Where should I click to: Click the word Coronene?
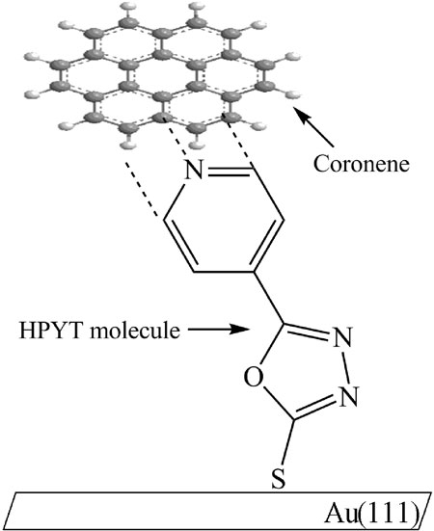361,164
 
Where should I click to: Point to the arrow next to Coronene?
313,127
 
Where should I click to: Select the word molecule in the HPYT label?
135,330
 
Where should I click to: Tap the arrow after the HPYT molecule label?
218,329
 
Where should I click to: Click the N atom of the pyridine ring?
194,170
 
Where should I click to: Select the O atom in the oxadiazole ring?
254,378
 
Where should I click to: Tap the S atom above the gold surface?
278,479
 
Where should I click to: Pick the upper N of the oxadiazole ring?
342,337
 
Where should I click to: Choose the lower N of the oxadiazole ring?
348,396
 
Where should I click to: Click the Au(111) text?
372,514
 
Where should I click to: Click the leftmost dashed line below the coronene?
141,189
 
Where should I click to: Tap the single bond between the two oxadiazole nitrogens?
346,367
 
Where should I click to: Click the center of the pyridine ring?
224,220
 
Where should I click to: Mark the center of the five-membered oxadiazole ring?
307,370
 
